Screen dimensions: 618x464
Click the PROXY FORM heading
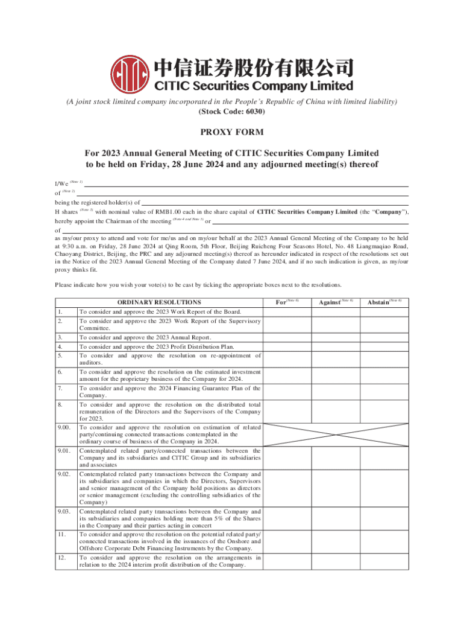(231, 132)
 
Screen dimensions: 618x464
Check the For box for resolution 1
(287, 311)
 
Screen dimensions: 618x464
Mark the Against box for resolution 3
(335, 337)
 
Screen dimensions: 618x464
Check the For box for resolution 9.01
(287, 457)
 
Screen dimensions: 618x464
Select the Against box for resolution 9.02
(335, 488)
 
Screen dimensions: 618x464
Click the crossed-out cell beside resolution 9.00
(335, 434)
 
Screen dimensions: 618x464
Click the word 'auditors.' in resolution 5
(91, 363)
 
